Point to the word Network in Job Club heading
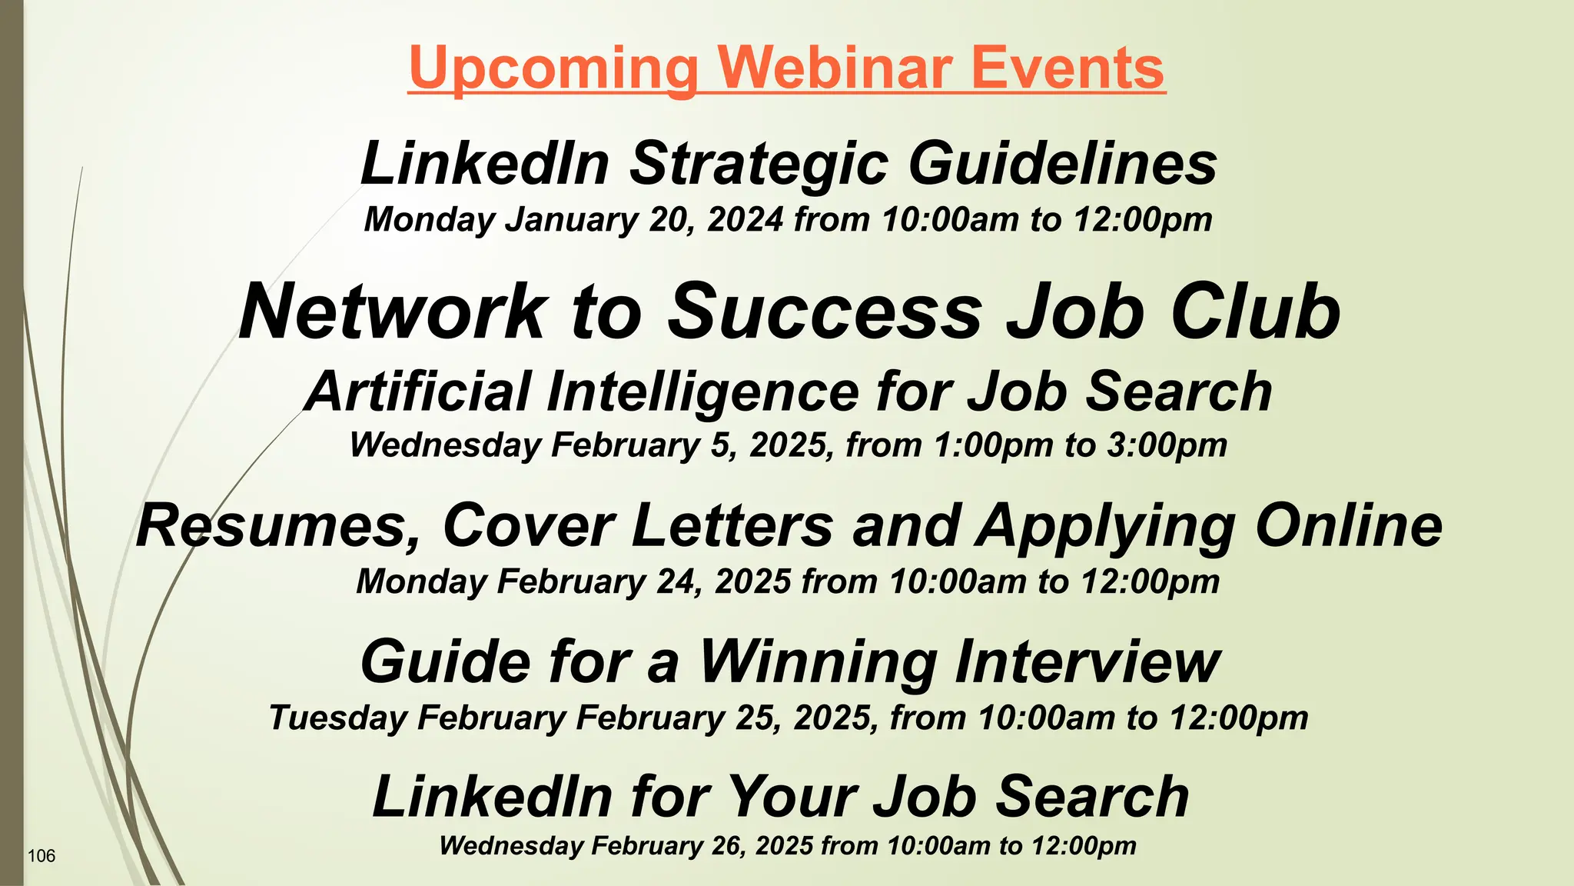392,311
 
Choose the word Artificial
418,391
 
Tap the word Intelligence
702,391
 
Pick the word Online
1349,526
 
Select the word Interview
1087,662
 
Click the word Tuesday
338,718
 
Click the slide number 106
42,856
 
